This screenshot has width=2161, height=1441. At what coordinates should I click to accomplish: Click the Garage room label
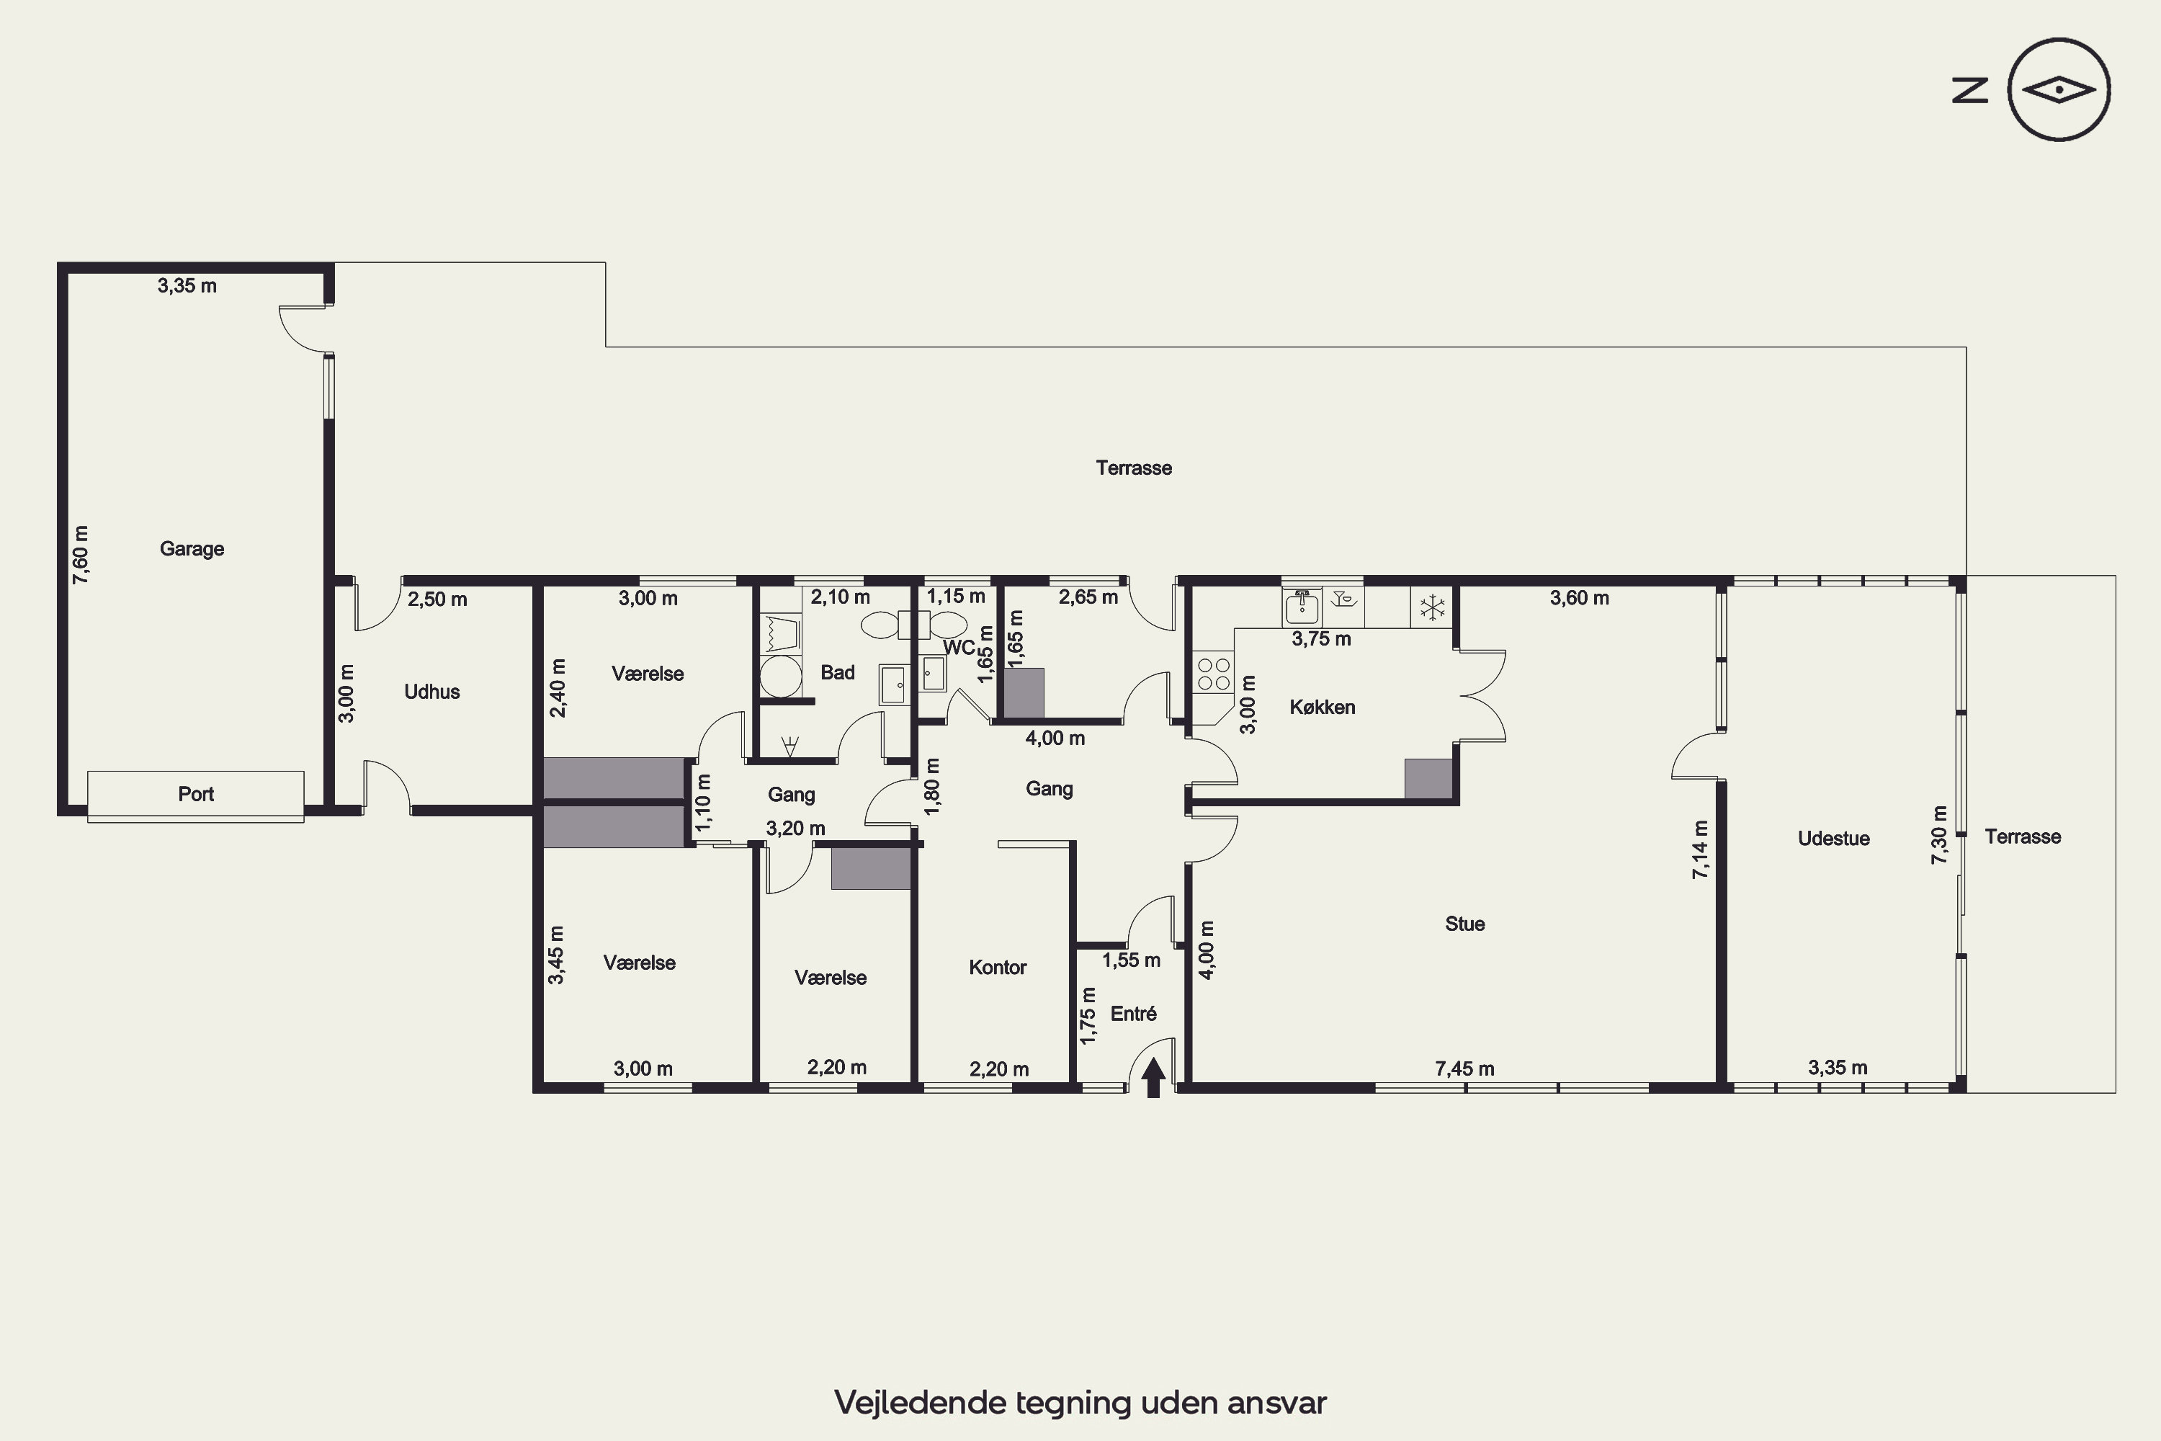tap(192, 548)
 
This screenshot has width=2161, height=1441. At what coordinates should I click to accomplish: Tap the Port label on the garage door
tap(196, 794)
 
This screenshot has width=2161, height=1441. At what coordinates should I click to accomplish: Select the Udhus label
tap(431, 692)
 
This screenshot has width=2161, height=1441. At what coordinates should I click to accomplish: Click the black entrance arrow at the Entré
tap(1154, 1078)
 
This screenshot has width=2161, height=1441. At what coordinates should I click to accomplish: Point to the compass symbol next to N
tap(2059, 89)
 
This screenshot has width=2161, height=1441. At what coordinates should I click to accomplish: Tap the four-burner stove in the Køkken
tap(1214, 674)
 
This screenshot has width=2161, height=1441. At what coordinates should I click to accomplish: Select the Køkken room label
tap(1322, 707)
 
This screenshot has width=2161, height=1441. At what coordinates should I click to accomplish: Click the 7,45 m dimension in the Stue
tap(1464, 1069)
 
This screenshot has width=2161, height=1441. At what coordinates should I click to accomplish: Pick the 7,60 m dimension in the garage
tap(81, 555)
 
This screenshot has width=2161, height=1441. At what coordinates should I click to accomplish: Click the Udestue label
tap(1834, 838)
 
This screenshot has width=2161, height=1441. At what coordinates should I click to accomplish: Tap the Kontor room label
tap(998, 967)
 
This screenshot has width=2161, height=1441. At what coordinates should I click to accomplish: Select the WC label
tap(958, 648)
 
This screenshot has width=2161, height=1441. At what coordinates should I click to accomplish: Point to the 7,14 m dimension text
tap(1700, 850)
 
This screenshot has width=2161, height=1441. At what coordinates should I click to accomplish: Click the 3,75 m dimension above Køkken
tap(1321, 638)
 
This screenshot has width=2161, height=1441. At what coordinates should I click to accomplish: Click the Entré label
tap(1134, 1014)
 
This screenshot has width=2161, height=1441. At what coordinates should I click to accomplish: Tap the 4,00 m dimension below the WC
tap(1055, 738)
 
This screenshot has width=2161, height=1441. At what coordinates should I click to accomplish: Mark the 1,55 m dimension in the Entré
tap(1131, 960)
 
